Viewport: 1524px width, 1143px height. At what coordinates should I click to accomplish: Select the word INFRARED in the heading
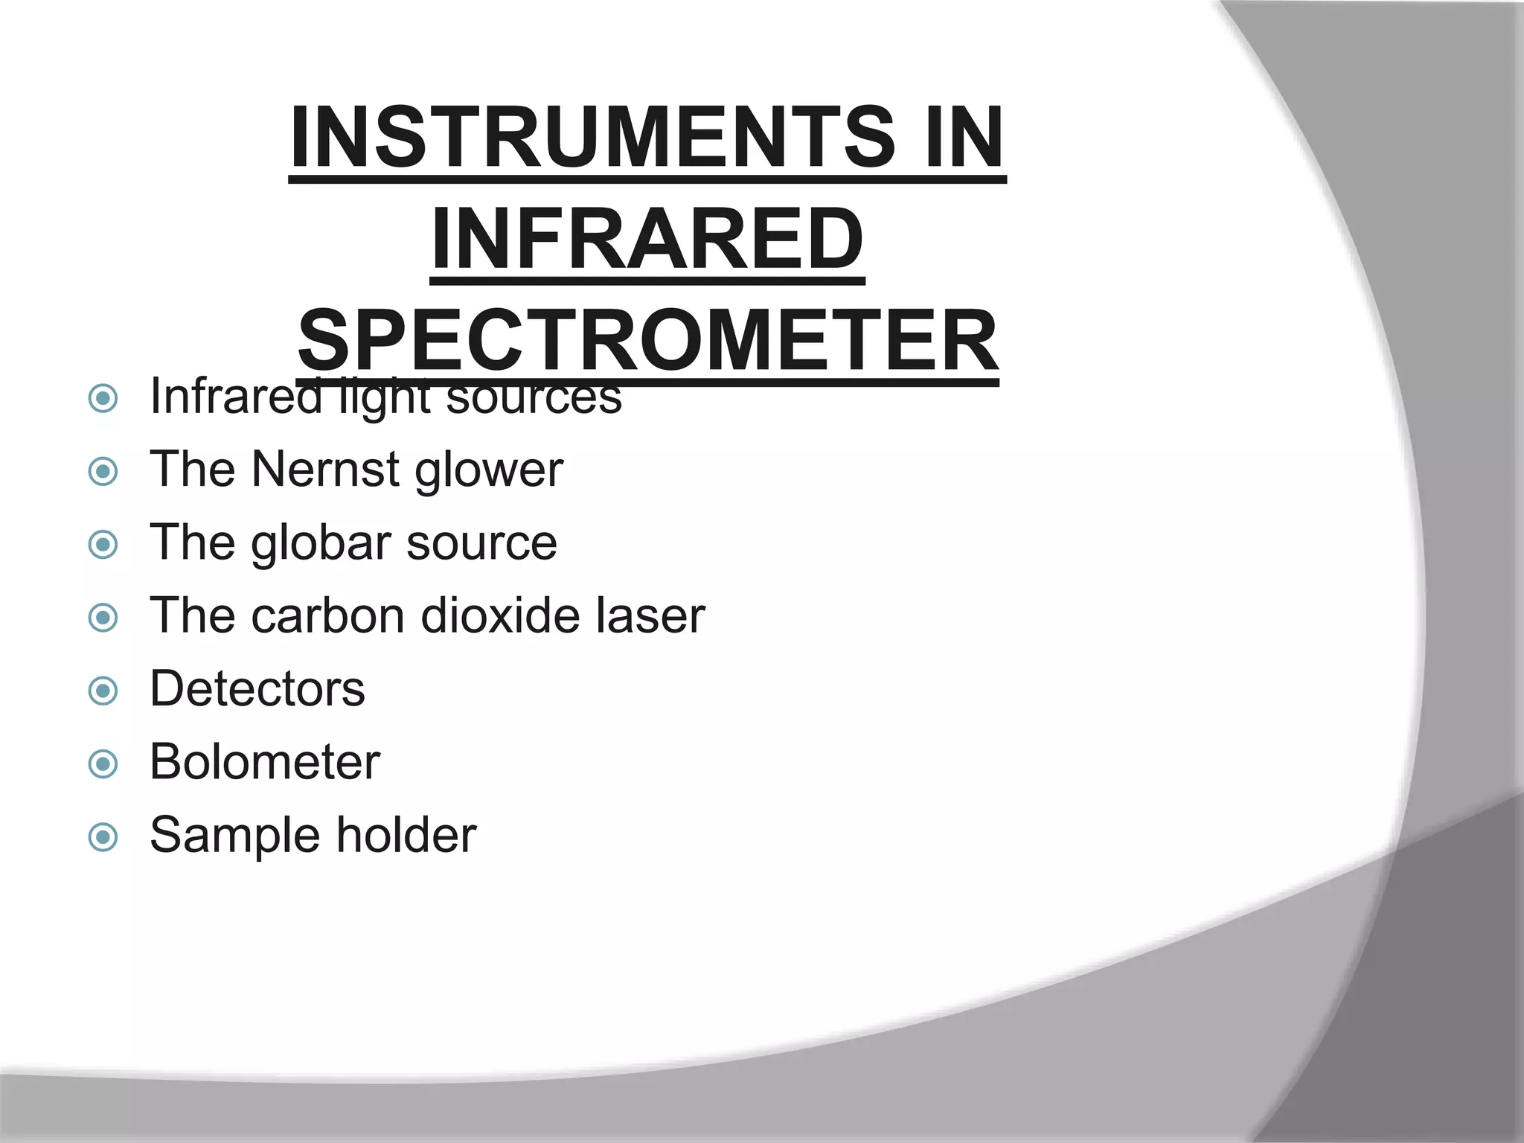pyautogui.click(x=647, y=240)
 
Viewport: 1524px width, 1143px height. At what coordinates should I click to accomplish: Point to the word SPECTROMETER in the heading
pyautogui.click(x=647, y=342)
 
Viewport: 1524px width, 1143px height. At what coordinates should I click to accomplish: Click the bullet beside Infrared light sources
pyautogui.click(x=103, y=399)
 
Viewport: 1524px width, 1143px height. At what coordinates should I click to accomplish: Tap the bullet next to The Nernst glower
pyautogui.click(x=103, y=471)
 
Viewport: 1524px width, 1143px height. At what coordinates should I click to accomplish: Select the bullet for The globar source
pyautogui.click(x=103, y=544)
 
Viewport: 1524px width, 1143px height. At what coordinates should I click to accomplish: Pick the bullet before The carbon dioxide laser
pyautogui.click(x=103, y=618)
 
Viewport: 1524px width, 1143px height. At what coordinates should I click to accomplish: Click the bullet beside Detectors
pyautogui.click(x=103, y=691)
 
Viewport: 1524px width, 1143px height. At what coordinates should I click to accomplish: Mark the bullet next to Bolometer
pyautogui.click(x=103, y=763)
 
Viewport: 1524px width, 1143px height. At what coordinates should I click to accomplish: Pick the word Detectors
pyautogui.click(x=257, y=689)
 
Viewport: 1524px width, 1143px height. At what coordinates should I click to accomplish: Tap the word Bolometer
pyautogui.click(x=265, y=762)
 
